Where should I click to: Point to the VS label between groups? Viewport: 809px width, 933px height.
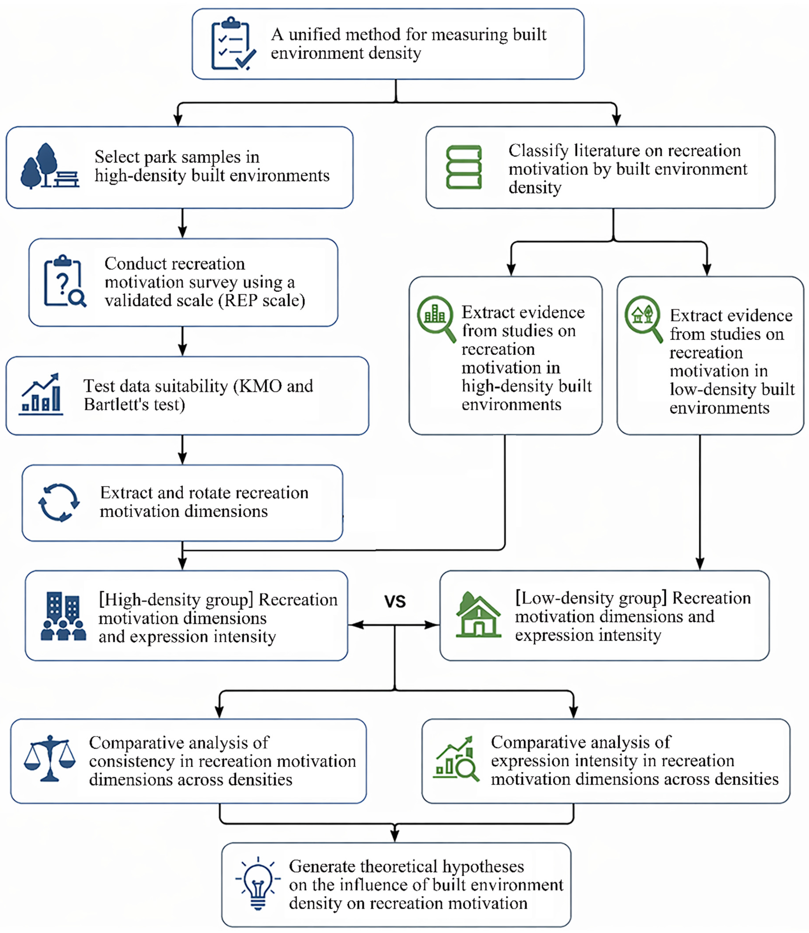[x=395, y=601]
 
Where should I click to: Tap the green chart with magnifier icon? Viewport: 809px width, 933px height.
[x=456, y=759]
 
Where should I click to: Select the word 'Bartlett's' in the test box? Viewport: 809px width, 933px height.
[x=116, y=405]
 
